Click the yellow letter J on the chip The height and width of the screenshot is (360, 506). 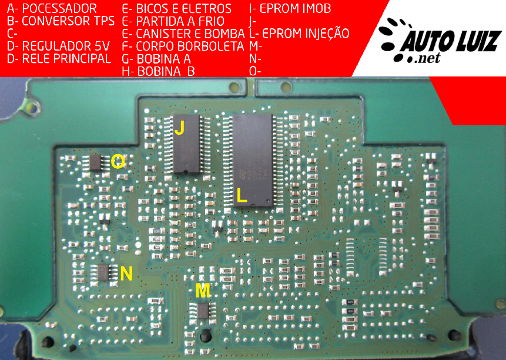click(179, 127)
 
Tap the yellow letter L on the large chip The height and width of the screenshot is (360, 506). click(242, 195)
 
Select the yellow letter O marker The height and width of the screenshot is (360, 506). click(118, 161)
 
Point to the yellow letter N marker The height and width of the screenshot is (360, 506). click(126, 273)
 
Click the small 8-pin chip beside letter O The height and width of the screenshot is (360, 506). click(96, 162)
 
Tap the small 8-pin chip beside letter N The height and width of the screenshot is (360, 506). click(103, 273)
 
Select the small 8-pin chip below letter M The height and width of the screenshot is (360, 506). click(203, 311)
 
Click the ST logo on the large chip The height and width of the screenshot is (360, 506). click(243, 174)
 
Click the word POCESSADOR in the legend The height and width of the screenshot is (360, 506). click(59, 8)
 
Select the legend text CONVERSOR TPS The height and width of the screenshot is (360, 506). click(68, 21)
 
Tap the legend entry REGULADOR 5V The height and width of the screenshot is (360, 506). click(66, 46)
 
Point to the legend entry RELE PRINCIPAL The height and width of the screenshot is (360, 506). click(66, 58)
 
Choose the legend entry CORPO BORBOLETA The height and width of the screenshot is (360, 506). click(190, 46)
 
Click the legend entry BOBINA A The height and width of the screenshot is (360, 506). click(164, 59)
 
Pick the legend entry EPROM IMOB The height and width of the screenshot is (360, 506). click(295, 8)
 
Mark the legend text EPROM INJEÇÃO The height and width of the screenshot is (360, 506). click(306, 33)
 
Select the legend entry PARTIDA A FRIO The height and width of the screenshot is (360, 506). click(180, 21)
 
